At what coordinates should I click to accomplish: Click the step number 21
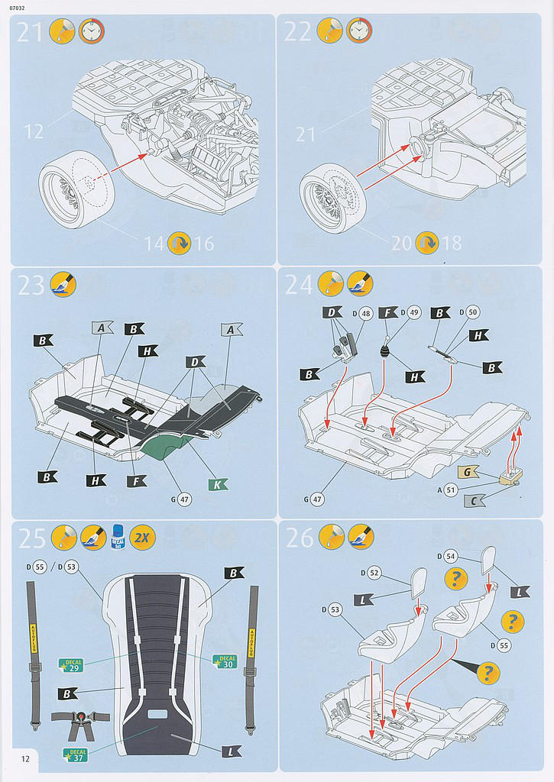click(x=28, y=32)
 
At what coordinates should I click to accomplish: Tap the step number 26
click(x=300, y=538)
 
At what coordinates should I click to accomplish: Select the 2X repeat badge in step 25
click(x=142, y=538)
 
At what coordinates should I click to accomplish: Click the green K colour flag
click(x=217, y=484)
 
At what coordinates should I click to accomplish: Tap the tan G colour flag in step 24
click(x=469, y=473)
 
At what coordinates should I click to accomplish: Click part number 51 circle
click(x=450, y=490)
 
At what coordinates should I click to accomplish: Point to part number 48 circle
click(x=366, y=312)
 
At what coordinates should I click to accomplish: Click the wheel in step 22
click(x=332, y=199)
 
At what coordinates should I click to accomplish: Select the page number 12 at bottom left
click(x=26, y=758)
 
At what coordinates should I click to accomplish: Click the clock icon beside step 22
click(x=359, y=31)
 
